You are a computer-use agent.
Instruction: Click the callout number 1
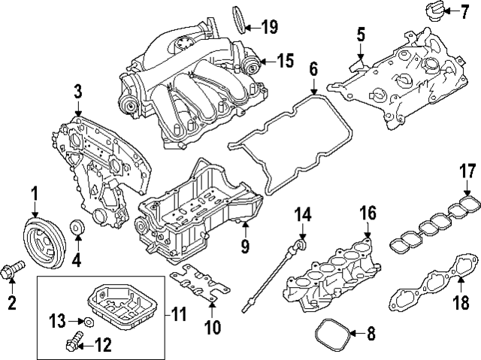coord(35,197)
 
